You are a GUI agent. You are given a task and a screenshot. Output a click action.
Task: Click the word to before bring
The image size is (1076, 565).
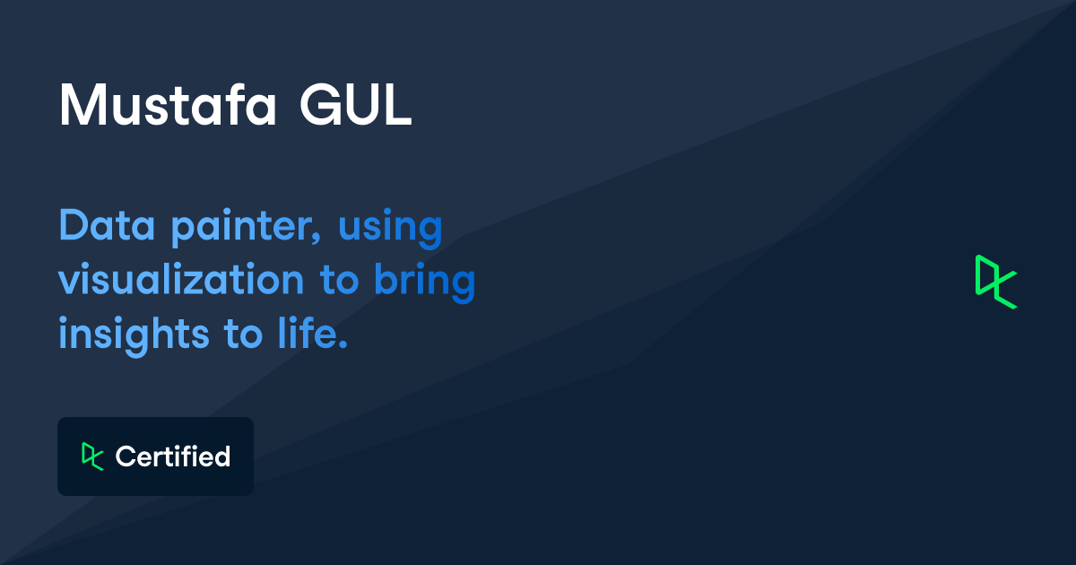coord(339,282)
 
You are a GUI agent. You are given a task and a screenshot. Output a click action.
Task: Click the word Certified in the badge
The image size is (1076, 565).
coord(173,456)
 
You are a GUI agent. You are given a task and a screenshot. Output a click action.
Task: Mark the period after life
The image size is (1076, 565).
coord(342,346)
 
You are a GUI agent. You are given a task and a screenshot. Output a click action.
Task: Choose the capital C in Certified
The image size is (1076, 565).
coord(125,456)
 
